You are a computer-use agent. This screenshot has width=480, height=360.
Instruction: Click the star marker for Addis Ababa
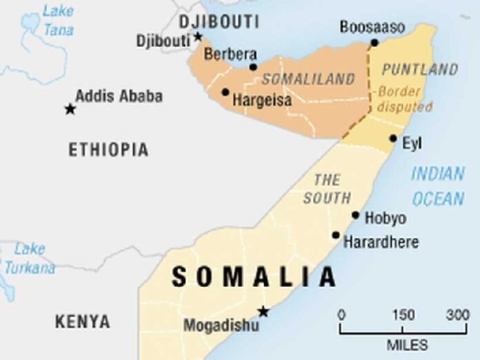tap(70, 108)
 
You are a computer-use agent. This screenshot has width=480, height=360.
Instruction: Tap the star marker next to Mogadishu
tap(263, 312)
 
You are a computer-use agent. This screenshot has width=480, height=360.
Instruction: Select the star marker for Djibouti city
tap(198, 37)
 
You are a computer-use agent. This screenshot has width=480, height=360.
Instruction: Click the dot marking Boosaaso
tap(374, 43)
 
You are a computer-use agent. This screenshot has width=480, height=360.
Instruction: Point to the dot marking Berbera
tap(253, 67)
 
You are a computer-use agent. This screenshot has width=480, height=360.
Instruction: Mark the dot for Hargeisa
tap(225, 92)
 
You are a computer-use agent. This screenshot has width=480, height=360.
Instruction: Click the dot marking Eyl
tap(393, 139)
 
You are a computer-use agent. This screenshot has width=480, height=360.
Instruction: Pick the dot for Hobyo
tap(356, 215)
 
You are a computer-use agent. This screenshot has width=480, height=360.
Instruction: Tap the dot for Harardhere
tap(336, 235)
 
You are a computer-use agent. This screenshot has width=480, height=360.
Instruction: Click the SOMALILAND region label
tap(308, 79)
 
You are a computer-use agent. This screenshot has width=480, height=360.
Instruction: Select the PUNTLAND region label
tap(419, 69)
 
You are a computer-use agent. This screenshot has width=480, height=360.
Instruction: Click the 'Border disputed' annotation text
tap(404, 99)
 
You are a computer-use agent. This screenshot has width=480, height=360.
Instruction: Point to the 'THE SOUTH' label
tap(327, 188)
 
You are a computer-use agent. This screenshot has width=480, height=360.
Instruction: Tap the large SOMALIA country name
tap(254, 277)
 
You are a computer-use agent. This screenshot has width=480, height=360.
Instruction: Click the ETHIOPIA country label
tap(108, 150)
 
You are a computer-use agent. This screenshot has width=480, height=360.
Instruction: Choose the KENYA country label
tap(82, 321)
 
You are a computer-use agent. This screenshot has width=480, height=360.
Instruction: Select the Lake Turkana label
tap(29, 259)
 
